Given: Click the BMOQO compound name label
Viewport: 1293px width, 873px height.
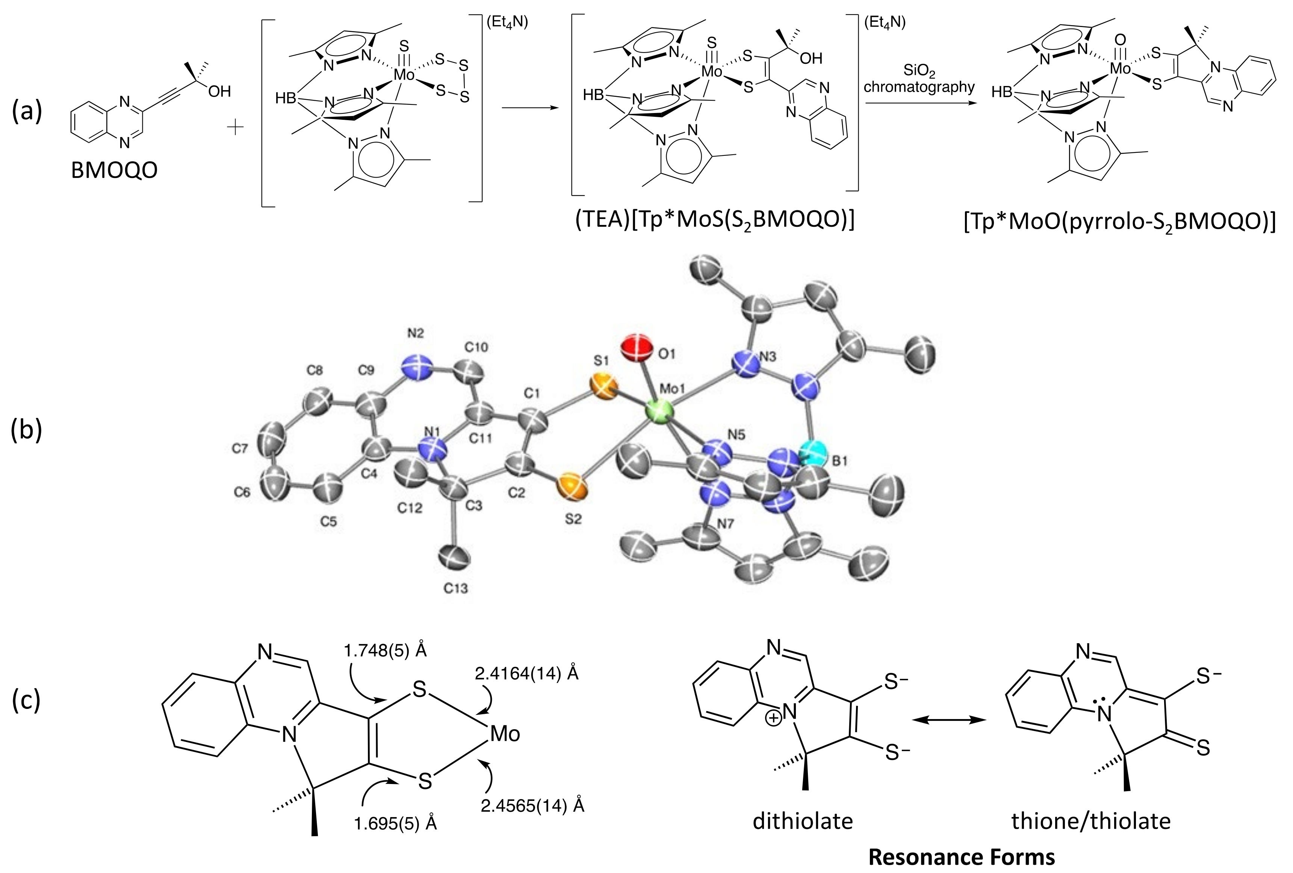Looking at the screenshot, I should click(114, 171).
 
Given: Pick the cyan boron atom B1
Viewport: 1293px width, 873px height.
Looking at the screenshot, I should click(814, 452).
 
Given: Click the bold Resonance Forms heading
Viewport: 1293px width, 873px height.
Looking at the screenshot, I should click(962, 857).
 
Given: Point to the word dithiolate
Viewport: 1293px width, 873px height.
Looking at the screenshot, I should click(803, 821).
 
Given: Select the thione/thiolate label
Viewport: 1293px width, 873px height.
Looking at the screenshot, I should click(1091, 821).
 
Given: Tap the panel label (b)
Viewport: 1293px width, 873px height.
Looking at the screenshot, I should click(26, 431).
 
